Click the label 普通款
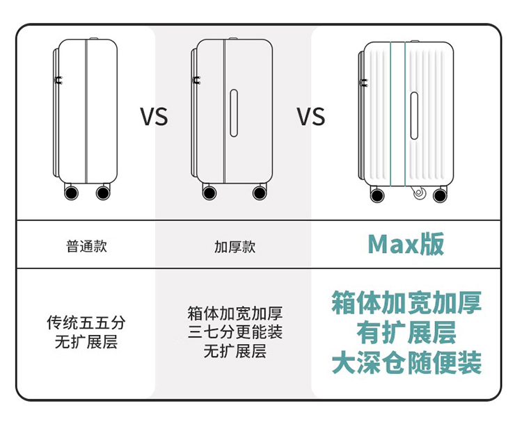(87, 246)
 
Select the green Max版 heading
(406, 245)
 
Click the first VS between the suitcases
(154, 116)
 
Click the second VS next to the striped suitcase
(311, 116)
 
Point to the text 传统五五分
(86, 323)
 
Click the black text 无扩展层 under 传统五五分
(86, 342)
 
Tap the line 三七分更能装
(235, 332)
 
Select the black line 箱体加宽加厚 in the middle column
(235, 313)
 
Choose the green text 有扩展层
(406, 333)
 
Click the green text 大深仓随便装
(406, 363)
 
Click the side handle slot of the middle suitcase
(235, 111)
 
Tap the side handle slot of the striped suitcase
(413, 115)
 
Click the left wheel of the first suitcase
(70, 192)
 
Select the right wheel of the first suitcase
(103, 192)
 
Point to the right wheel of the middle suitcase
(259, 192)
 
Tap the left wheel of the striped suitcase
(376, 195)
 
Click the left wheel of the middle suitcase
(208, 192)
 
